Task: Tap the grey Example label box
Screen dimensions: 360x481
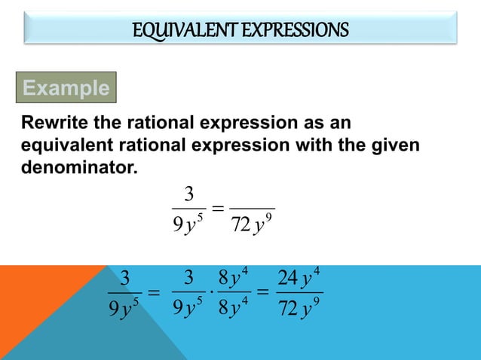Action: (x=66, y=88)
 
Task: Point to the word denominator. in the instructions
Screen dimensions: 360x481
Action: (x=80, y=165)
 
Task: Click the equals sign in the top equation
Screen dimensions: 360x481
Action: (x=217, y=209)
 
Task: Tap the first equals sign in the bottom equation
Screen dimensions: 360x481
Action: (x=153, y=293)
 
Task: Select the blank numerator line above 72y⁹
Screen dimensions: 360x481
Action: (x=252, y=207)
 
